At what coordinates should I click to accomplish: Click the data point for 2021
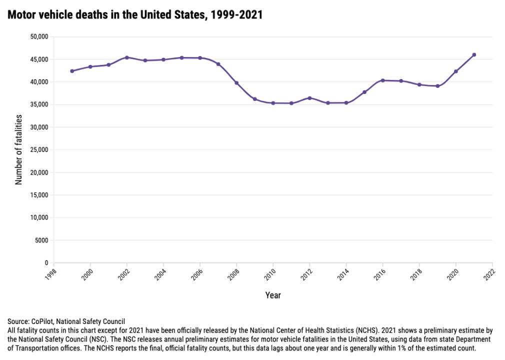pos(474,55)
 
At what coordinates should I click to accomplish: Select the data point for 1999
pos(72,71)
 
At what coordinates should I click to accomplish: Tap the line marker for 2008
pos(236,83)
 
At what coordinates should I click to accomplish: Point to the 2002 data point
pos(127,57)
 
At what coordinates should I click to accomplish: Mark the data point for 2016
pos(382,80)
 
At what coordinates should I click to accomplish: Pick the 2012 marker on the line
pos(309,98)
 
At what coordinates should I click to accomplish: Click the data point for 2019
pos(437,86)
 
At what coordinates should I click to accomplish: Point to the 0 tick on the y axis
pos(45,263)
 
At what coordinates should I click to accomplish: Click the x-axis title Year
pos(273,295)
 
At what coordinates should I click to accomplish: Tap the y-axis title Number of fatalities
pos(19,149)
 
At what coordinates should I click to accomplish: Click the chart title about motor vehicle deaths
pos(135,15)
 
